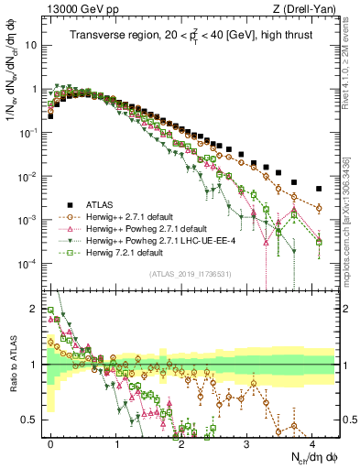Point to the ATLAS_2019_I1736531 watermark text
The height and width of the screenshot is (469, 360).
(x=190, y=274)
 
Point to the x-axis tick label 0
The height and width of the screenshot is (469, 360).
(x=50, y=442)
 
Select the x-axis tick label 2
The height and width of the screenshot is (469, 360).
(x=181, y=442)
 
